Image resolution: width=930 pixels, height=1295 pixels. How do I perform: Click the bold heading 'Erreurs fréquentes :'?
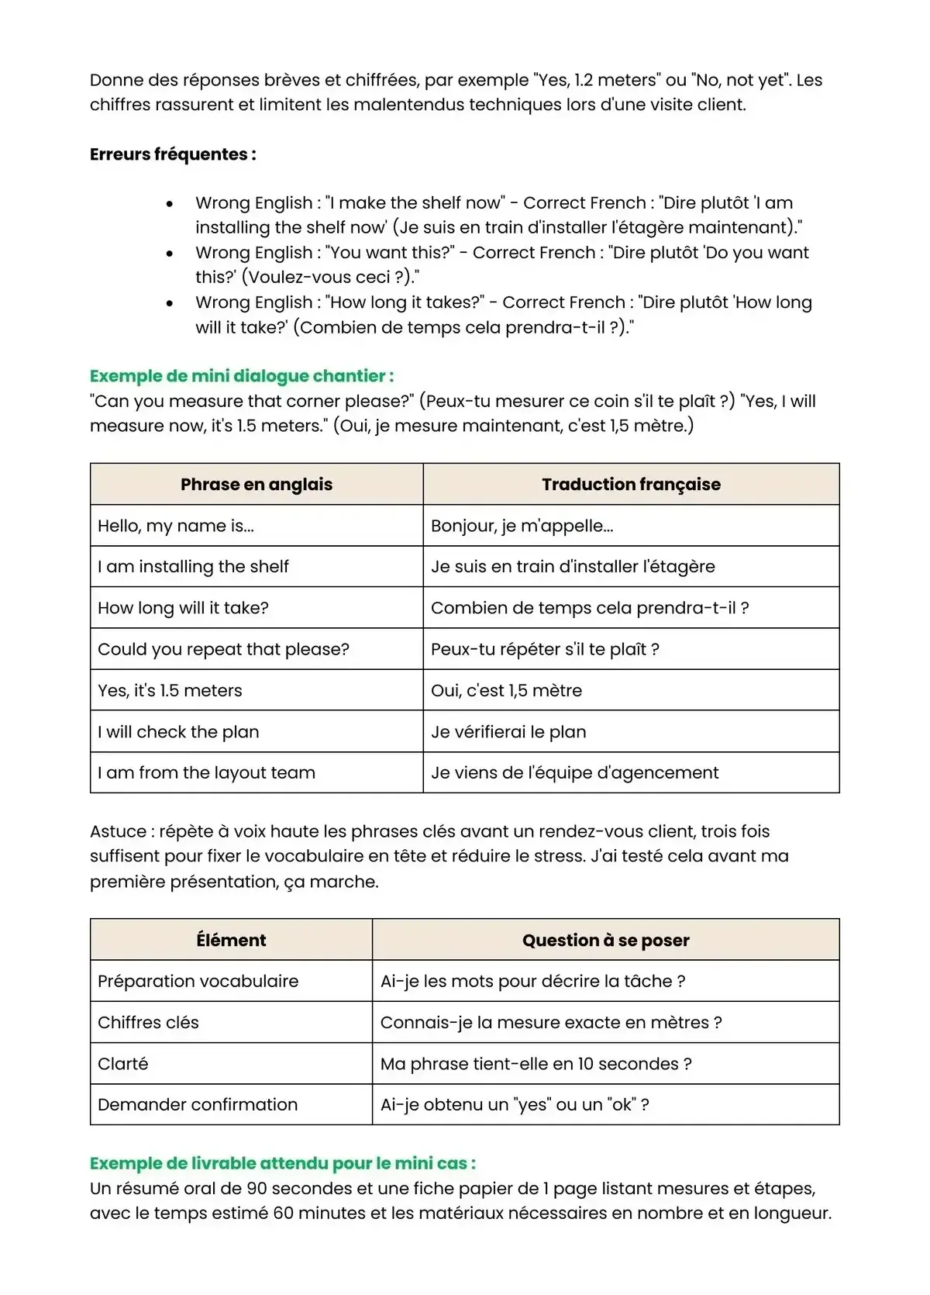point(173,154)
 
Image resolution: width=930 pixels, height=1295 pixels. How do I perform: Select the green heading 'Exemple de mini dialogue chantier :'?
point(242,376)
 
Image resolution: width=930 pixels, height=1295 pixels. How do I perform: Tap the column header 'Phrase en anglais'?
point(257,485)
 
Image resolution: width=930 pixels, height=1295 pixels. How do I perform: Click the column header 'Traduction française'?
point(631,485)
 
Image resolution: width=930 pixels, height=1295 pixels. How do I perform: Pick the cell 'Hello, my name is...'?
point(176,526)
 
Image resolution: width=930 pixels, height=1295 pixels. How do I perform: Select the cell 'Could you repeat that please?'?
point(223,649)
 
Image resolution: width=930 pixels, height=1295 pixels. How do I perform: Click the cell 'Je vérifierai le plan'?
point(508,732)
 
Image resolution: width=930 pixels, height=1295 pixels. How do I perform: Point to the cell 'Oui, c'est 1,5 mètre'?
point(506,690)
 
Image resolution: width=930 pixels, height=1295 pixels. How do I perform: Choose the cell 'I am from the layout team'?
point(206,772)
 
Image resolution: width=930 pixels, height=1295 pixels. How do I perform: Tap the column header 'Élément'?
point(231,940)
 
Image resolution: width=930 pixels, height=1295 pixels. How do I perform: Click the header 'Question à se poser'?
point(605,940)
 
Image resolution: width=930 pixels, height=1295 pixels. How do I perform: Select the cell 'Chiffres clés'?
point(148,1022)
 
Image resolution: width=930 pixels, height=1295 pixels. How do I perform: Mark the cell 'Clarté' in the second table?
point(122,1064)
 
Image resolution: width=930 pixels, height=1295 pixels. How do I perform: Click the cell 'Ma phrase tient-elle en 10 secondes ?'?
point(536,1064)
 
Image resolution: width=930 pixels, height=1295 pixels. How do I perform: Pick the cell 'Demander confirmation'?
point(198,1104)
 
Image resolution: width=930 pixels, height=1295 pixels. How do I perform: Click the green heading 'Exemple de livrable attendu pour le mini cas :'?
point(283,1163)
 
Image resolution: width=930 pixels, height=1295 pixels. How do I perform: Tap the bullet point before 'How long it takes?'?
point(170,303)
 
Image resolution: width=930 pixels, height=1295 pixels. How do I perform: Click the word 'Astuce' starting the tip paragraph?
point(118,831)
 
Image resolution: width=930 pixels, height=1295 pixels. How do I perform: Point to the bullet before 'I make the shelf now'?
point(170,204)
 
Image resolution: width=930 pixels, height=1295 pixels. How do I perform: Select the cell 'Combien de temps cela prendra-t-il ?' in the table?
point(590,608)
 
